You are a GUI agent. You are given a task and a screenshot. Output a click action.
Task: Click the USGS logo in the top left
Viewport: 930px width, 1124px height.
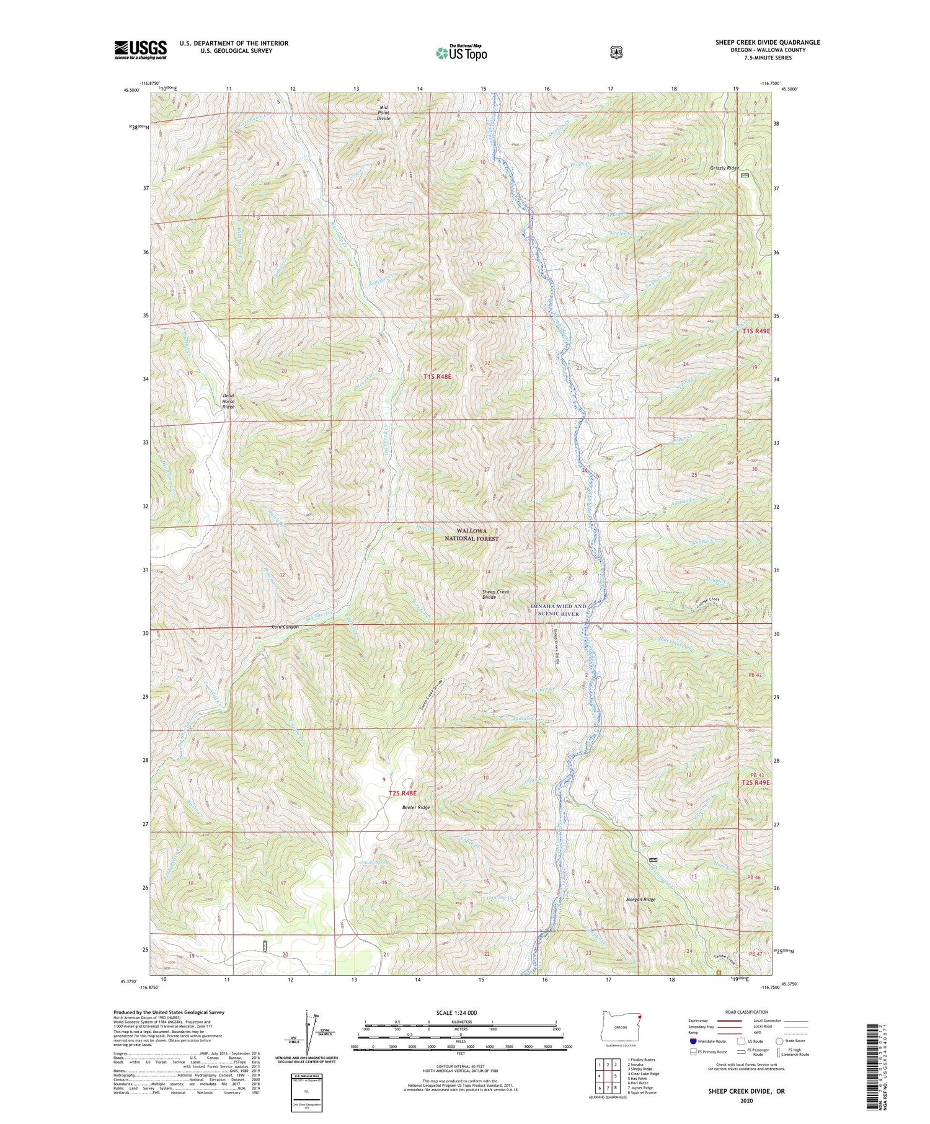[x=140, y=50]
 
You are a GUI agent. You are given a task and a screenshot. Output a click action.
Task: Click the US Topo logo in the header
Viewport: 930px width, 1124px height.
[x=461, y=53]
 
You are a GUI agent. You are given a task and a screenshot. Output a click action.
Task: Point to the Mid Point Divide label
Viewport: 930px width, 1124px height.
[x=384, y=112]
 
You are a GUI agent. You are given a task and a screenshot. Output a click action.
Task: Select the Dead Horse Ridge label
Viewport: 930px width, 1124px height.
[x=229, y=401]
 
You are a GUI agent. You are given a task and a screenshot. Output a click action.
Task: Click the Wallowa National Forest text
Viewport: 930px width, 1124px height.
[x=471, y=534]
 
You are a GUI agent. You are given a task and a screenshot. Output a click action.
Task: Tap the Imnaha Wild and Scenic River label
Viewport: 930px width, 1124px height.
[x=557, y=609]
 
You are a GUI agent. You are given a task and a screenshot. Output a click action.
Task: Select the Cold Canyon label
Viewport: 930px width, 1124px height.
[x=285, y=627]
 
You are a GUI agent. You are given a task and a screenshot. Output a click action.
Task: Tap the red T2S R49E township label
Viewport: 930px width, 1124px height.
[x=756, y=782]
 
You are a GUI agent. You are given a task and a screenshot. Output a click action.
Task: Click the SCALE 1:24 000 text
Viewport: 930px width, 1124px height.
[x=461, y=1012]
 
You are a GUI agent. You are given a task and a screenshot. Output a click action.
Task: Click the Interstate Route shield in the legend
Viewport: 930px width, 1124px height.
[x=693, y=1041]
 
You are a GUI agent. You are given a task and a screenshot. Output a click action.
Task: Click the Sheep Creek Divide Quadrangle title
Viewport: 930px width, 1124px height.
[x=768, y=42]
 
